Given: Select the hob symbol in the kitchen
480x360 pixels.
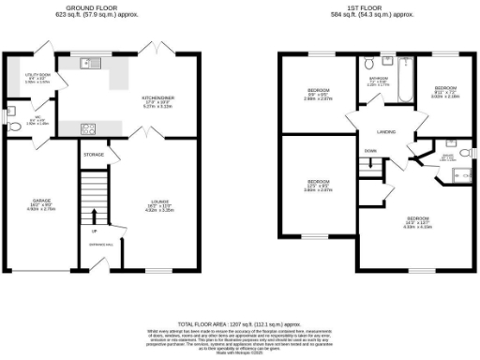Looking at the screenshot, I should pos(90,128).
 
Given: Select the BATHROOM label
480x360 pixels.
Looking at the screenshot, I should pos(378,80).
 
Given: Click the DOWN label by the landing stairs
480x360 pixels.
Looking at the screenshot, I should pos(371,150).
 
